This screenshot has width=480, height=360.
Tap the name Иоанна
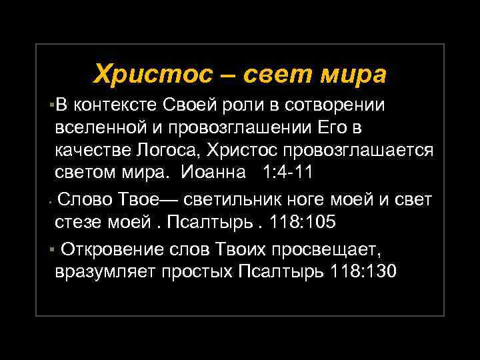(x=217, y=172)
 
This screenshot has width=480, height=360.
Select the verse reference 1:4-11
(x=287, y=172)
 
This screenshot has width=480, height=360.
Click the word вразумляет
(x=103, y=272)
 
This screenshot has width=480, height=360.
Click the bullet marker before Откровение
(x=51, y=250)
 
